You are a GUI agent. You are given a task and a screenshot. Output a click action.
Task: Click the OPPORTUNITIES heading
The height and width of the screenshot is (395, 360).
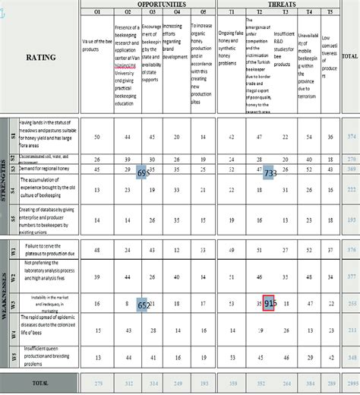145,4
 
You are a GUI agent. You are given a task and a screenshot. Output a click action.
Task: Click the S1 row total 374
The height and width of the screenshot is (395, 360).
351,136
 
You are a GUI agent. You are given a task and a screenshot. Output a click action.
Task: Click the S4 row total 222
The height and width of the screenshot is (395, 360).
351,189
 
